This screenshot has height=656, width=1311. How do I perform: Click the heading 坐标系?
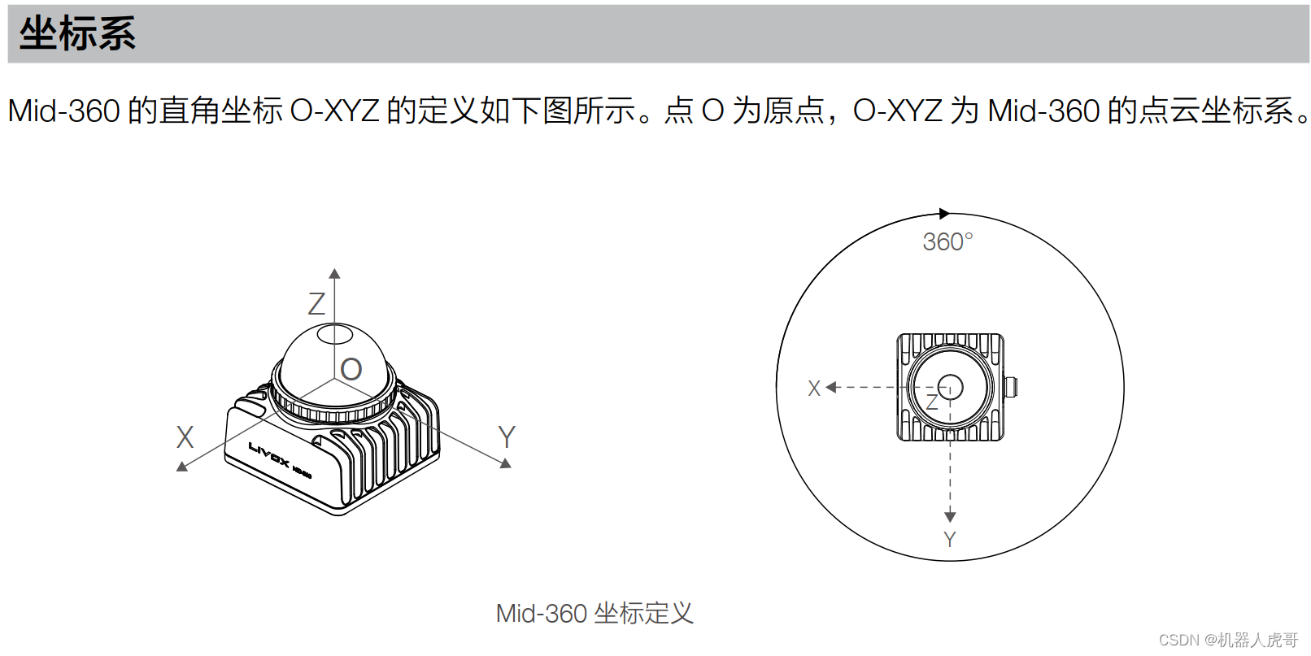point(77,34)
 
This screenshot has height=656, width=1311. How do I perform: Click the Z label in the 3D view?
point(316,304)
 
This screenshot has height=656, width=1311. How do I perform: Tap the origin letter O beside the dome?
point(351,370)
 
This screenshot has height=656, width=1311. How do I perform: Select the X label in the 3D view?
point(185,437)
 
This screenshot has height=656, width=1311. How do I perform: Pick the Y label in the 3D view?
point(507,437)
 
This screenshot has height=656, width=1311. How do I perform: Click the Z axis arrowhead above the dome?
point(334,274)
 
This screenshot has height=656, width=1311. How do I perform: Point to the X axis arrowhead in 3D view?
point(182,467)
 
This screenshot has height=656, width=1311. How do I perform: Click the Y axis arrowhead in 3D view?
point(506,463)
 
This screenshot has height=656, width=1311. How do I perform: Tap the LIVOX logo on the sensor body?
point(269,455)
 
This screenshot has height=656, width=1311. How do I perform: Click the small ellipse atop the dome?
point(334,333)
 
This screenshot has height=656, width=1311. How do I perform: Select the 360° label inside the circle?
point(947,242)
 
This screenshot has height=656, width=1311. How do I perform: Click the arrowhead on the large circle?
point(944,214)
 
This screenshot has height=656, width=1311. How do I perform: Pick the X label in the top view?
point(814,389)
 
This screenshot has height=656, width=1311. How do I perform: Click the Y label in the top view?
point(949,539)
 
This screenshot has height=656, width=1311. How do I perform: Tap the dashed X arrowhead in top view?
point(830,388)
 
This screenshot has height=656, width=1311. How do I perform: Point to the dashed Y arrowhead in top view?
point(950,517)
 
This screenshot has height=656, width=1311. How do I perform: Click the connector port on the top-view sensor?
point(1012,387)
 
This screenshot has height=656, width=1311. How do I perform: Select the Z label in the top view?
point(932,402)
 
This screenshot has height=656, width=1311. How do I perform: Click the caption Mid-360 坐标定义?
point(595,613)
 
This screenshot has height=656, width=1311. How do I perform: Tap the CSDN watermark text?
point(1228,640)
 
